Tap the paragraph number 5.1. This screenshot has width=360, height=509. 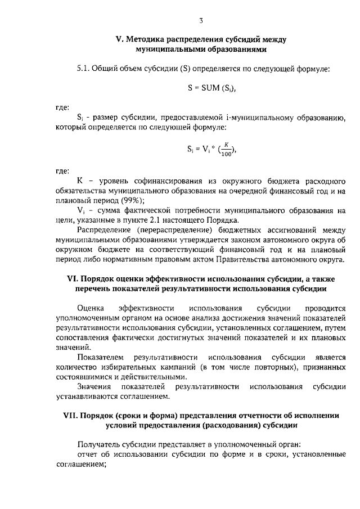84,69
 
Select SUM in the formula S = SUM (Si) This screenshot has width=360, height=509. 205,87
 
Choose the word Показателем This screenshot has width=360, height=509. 101,358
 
